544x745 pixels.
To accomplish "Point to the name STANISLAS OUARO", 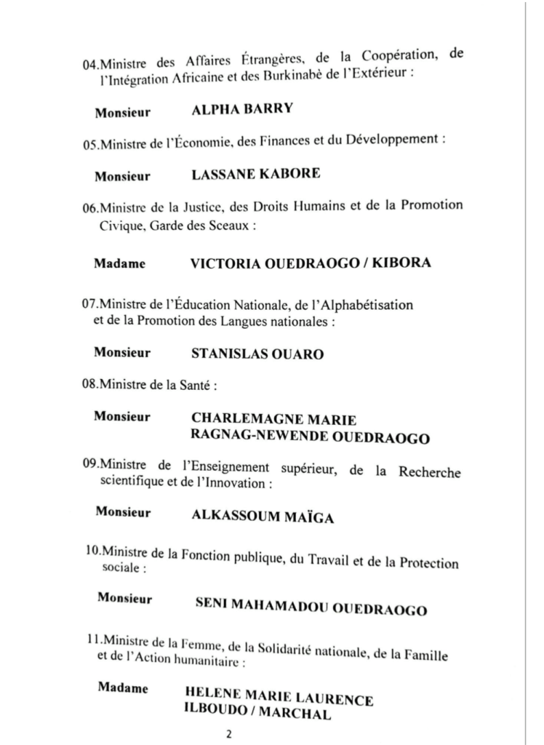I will point(257,354).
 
